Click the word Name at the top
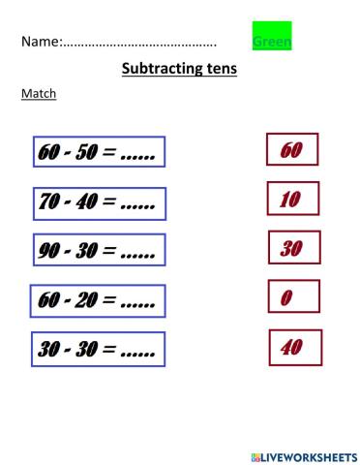[x=39, y=42]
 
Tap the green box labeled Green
[x=271, y=38]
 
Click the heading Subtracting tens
[x=180, y=70]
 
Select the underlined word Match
[x=39, y=94]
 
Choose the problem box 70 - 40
[x=99, y=203]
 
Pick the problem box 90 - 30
[x=98, y=250]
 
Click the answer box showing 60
[x=291, y=150]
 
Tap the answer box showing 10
[x=291, y=200]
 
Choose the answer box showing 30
[x=291, y=248]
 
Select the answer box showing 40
[x=291, y=347]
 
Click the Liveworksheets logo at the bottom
[x=304, y=456]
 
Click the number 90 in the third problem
[x=50, y=250]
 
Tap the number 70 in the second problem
[x=50, y=203]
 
